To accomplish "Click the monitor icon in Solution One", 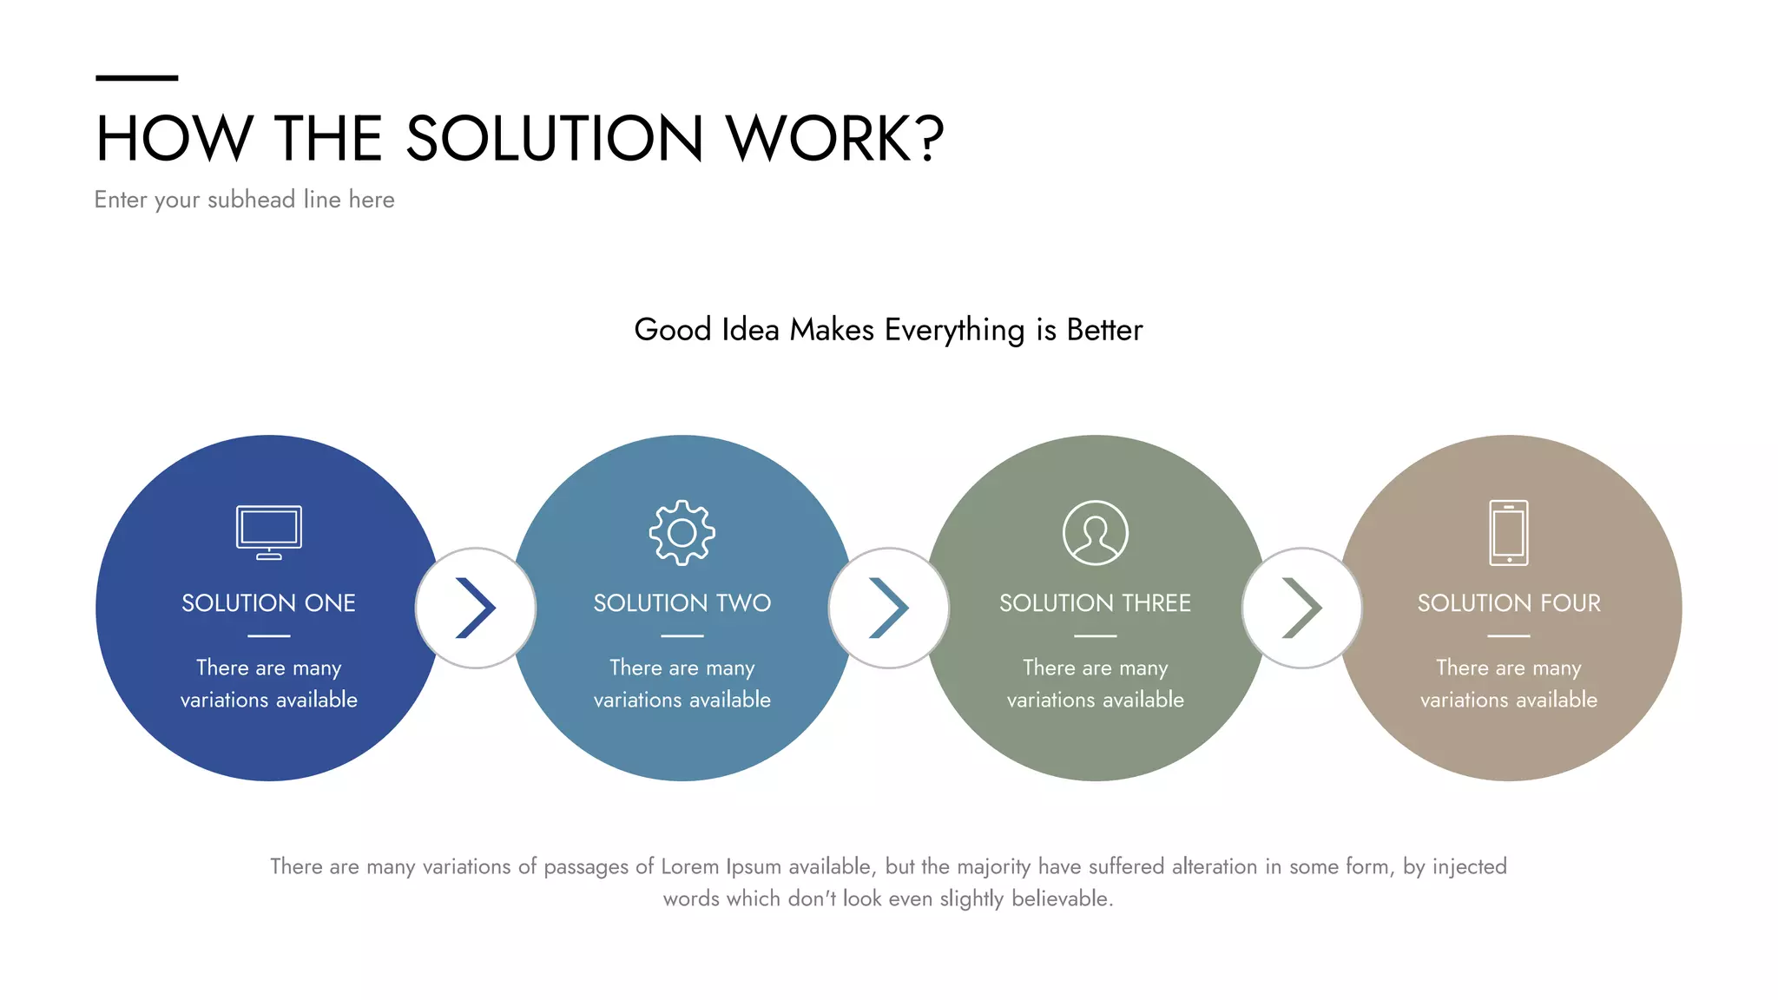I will pos(269,532).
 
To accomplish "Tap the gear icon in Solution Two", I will pos(682,533).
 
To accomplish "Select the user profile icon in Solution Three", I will pos(1096,533).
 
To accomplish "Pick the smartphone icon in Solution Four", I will pos(1509,533).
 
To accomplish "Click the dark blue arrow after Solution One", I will pos(476,608).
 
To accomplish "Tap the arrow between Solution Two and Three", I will pos(889,608).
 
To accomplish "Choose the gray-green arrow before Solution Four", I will pos(1302,608).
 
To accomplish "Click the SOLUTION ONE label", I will pos(269,603).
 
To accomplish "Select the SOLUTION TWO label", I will pos(682,603).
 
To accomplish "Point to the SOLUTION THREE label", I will pos(1096,603).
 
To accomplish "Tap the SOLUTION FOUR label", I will pos(1509,603).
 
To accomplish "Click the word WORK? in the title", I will pos(834,139).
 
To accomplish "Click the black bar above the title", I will pos(136,78).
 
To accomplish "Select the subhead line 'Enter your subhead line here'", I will pos(245,200).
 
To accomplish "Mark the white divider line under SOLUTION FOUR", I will pos(1509,636).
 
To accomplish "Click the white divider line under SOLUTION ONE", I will pos(269,636).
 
